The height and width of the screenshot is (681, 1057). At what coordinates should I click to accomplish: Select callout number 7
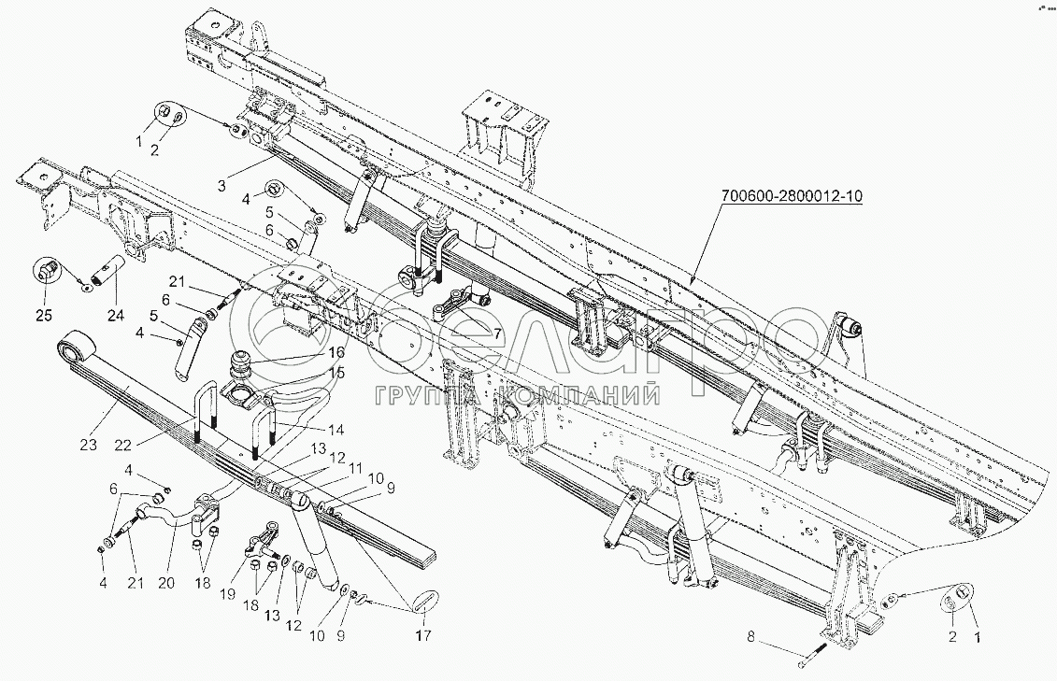tap(497, 333)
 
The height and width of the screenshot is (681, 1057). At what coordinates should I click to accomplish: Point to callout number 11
tap(354, 467)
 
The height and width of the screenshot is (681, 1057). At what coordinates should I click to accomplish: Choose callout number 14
tap(335, 429)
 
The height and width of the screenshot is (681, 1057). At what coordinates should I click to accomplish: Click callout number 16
tap(336, 351)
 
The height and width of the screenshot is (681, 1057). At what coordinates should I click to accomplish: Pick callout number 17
tap(422, 635)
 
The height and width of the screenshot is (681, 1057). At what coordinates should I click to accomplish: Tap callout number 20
tap(165, 583)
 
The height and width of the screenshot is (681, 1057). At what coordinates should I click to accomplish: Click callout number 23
tap(88, 444)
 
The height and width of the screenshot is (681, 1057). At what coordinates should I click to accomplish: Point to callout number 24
tap(116, 314)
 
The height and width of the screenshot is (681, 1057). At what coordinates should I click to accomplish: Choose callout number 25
tap(44, 314)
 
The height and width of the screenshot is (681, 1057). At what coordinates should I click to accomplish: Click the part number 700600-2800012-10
tap(791, 196)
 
